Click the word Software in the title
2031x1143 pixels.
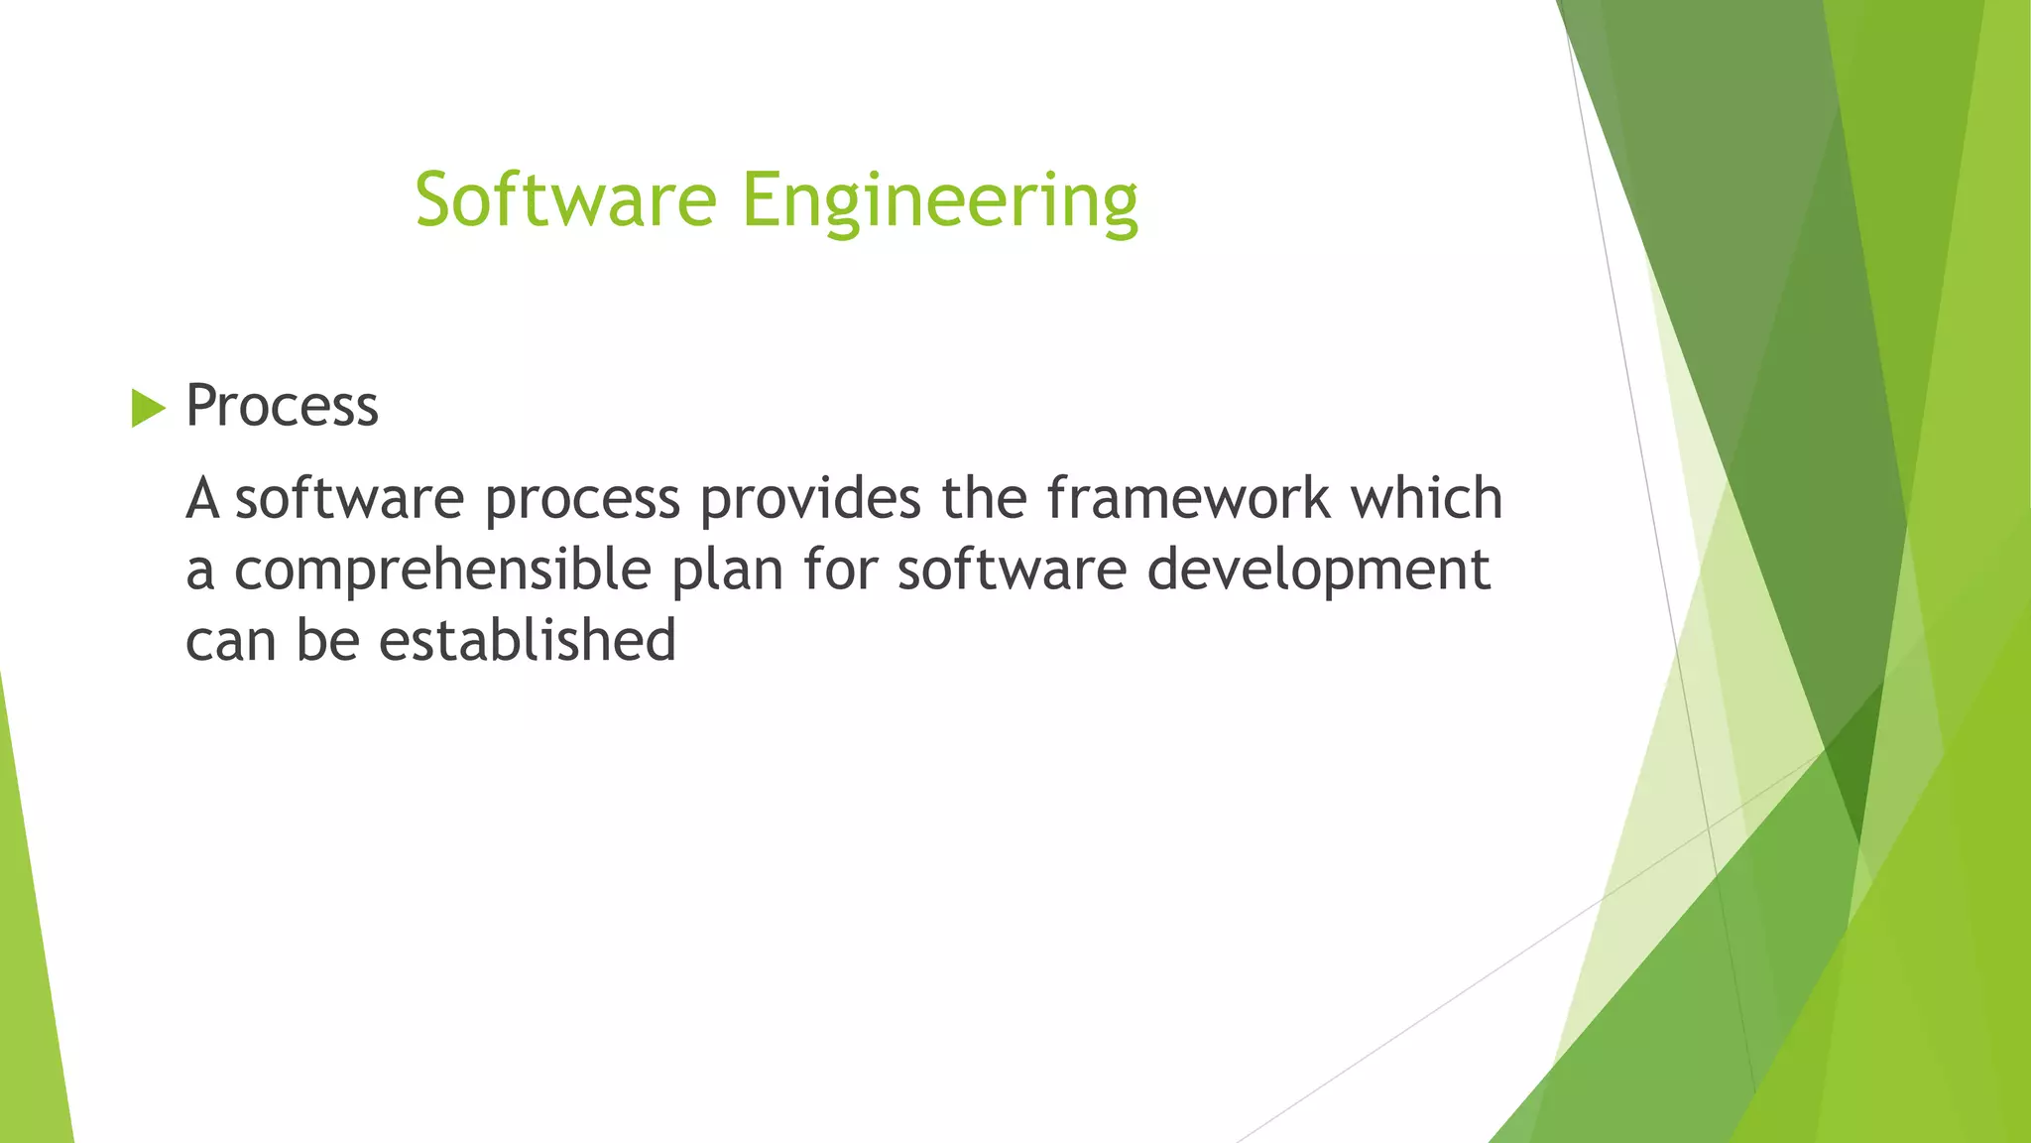[x=565, y=199]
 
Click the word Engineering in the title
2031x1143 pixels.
[x=939, y=201]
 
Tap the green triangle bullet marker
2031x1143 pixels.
[x=148, y=408]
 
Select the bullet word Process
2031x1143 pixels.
[x=282, y=406]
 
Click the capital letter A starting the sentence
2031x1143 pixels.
[x=202, y=498]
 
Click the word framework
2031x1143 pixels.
[x=1188, y=498]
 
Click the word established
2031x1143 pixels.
[x=528, y=640]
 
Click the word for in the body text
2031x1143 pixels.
[x=839, y=570]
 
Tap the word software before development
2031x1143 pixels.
[x=1012, y=570]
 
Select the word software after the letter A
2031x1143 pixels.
[x=349, y=498]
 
